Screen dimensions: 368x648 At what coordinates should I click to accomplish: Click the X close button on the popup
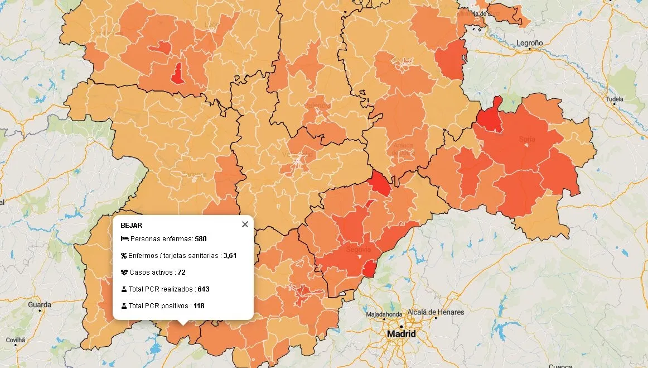point(245,224)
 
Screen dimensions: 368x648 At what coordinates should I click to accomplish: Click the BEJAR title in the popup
point(131,226)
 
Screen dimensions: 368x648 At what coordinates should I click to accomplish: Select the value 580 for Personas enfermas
point(201,239)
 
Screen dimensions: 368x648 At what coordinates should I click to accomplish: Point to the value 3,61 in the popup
point(230,256)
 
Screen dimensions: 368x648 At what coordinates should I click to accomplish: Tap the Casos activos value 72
point(181,273)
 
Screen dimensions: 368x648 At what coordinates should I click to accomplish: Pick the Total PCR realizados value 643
point(203,289)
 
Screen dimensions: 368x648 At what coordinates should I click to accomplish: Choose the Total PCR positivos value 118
point(199,306)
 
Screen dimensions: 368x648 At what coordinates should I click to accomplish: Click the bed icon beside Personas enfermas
point(124,239)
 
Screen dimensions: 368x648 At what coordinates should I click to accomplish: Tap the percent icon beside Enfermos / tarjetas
point(124,256)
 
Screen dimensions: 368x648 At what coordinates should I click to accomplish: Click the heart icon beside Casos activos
point(124,273)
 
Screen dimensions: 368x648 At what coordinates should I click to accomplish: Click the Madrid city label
point(402,334)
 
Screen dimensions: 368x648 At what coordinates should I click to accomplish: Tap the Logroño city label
point(529,43)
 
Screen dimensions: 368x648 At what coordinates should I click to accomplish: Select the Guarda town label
point(40,305)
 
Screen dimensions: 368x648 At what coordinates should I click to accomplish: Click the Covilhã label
point(16,340)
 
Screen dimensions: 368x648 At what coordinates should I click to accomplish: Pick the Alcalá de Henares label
point(436,312)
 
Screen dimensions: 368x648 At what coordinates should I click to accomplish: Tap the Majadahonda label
point(384,314)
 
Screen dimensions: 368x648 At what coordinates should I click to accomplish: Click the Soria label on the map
point(527,139)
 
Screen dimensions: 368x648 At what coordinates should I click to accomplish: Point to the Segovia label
point(358,250)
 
